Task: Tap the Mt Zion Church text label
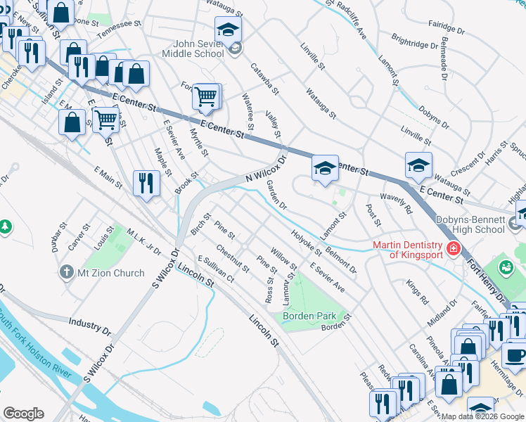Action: click(x=111, y=273)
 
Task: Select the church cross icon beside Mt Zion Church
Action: click(x=67, y=272)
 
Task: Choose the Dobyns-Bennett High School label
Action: click(x=470, y=224)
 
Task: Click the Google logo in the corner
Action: click(x=23, y=414)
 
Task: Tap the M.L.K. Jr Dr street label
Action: click(x=143, y=241)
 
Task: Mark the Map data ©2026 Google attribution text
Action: click(x=482, y=416)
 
